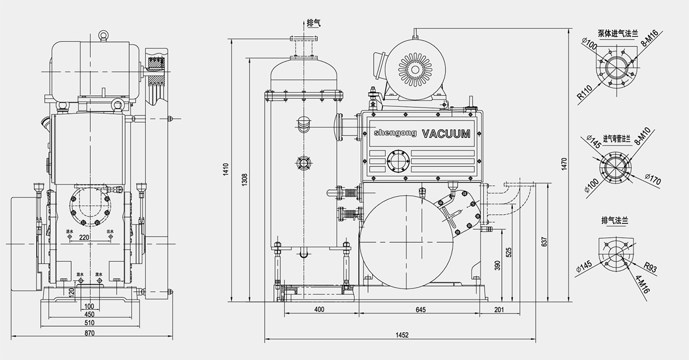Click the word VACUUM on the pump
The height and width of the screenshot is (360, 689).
446,134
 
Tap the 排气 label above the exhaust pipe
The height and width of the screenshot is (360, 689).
313,22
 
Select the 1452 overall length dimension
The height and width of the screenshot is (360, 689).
402,335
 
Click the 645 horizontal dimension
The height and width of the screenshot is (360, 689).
420,309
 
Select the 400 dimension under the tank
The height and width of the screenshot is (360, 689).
319,309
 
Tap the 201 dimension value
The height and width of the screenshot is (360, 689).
498,309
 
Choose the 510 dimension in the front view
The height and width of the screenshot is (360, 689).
90,323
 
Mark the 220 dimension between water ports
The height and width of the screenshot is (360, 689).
85,237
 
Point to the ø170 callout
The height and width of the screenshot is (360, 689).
652,178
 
